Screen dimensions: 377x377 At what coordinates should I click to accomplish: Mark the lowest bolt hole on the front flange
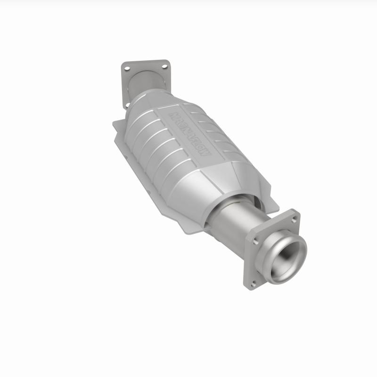pos(254,283)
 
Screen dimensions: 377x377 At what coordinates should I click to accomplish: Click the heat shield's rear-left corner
pos(115,124)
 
